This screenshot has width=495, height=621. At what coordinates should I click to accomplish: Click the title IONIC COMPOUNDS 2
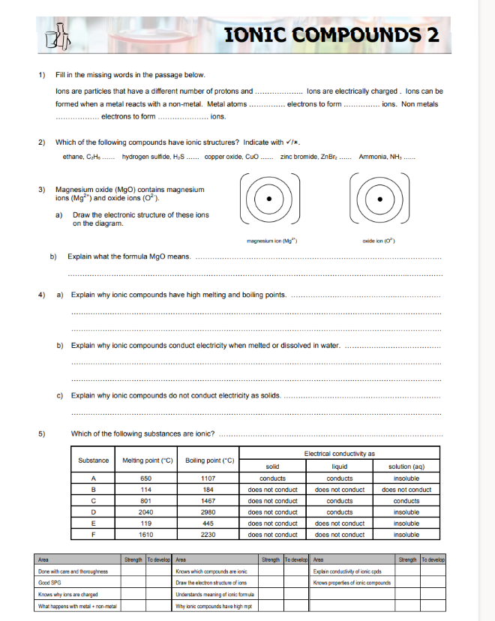(331, 34)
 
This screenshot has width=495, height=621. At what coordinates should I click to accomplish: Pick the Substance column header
(94, 460)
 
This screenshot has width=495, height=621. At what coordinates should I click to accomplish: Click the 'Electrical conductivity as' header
(339, 452)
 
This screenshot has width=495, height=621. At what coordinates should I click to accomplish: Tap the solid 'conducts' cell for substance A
(272, 478)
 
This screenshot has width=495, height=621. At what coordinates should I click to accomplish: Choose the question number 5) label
(43, 433)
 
